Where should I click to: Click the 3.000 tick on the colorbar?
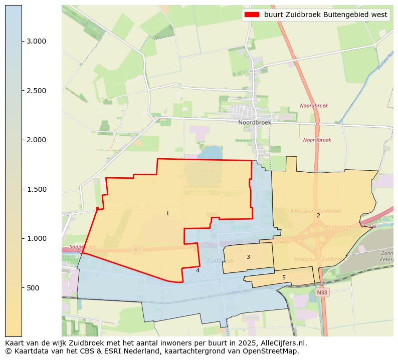pyautogui.click(x=36, y=41)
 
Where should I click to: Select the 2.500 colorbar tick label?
pyautogui.click(x=36, y=91)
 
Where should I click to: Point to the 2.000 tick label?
pyautogui.click(x=36, y=140)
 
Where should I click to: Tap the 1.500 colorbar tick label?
pyautogui.click(x=36, y=189)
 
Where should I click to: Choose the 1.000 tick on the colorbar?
pyautogui.click(x=36, y=238)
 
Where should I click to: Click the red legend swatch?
pyautogui.click(x=252, y=15)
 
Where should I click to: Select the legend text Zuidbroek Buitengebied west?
pyautogui.click(x=325, y=15)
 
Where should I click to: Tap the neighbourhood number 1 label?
pyautogui.click(x=167, y=214)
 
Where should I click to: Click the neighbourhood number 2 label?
pyautogui.click(x=318, y=215)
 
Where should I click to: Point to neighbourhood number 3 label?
pyautogui.click(x=248, y=257)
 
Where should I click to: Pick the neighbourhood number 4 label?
pyautogui.click(x=197, y=270)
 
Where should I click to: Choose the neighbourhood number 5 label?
pyautogui.click(x=284, y=277)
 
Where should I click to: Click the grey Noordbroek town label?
pyautogui.click(x=255, y=122)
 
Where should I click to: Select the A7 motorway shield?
pyautogui.click(x=138, y=249)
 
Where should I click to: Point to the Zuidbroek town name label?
pyautogui.click(x=220, y=261)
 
